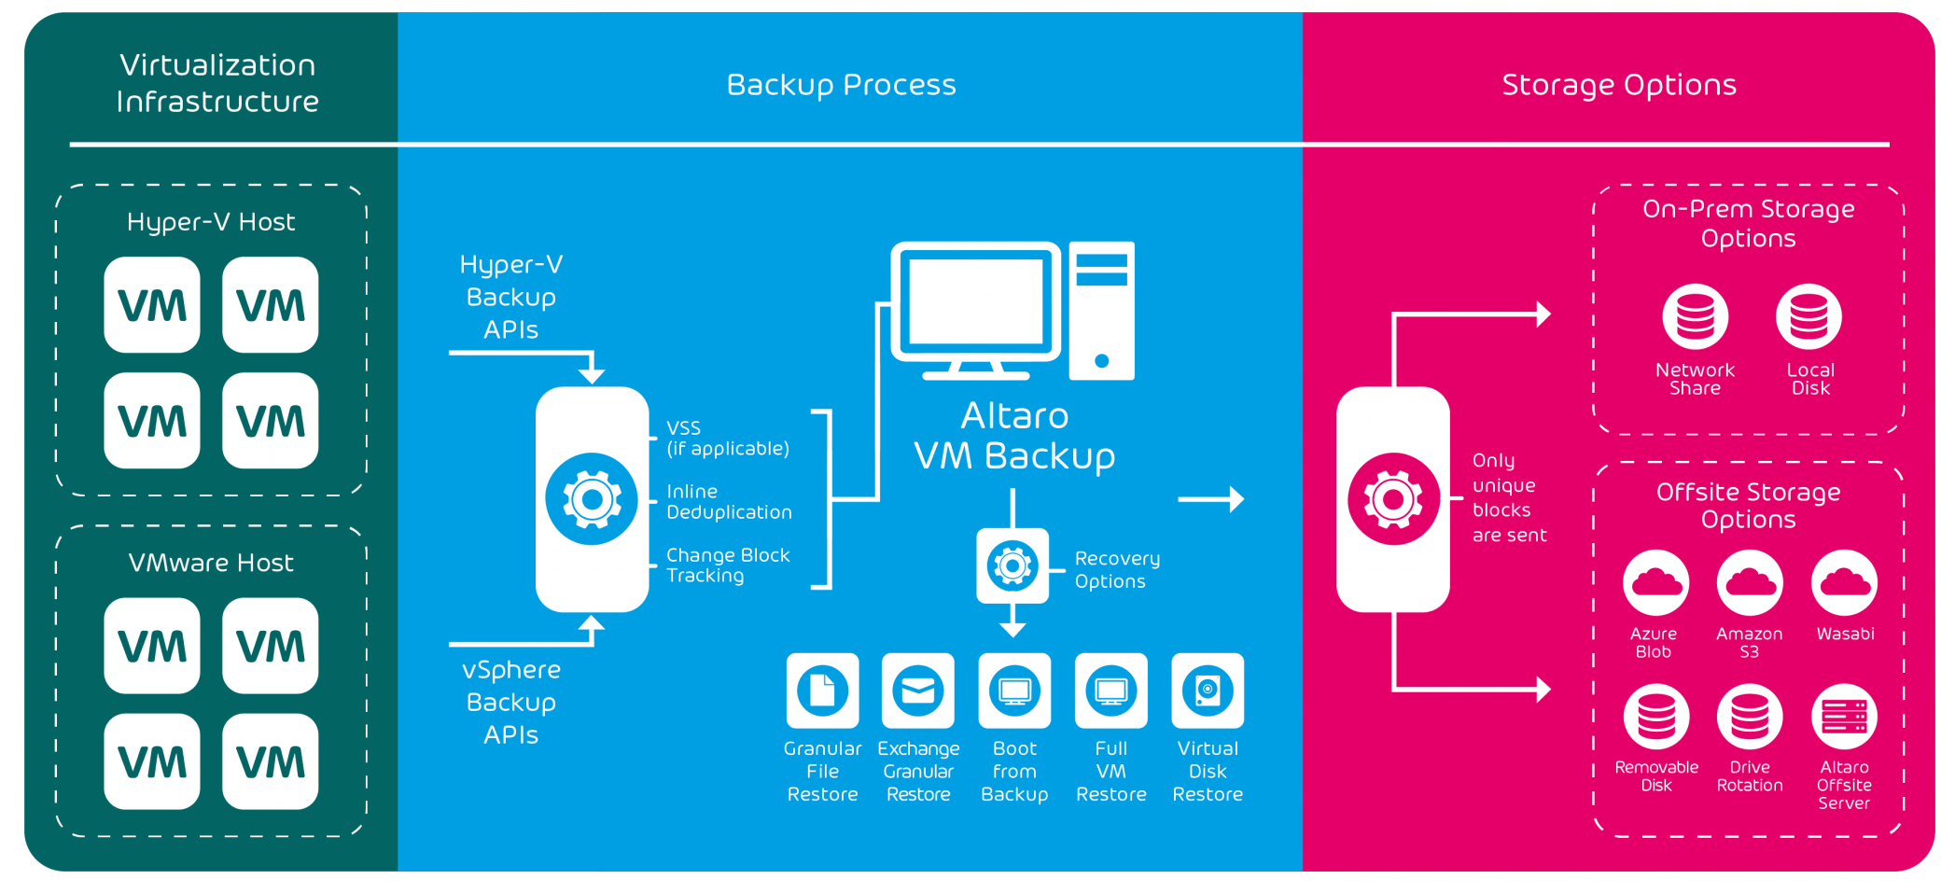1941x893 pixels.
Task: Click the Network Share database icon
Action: tap(1695, 316)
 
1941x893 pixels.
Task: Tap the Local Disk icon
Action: tap(1808, 316)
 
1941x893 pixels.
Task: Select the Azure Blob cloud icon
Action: tap(1655, 583)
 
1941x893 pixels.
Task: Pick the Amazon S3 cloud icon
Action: tap(1750, 583)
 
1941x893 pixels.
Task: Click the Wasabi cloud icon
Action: tap(1844, 583)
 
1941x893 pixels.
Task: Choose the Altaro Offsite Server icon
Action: tap(1844, 717)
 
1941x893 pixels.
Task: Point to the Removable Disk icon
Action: tap(1656, 717)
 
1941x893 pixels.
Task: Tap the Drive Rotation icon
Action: tap(1750, 717)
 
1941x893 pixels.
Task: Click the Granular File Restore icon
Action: tap(822, 691)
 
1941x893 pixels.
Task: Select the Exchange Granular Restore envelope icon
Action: tap(918, 691)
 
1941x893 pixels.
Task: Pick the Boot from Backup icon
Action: tap(1014, 691)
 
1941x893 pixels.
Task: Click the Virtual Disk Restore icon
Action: tap(1208, 691)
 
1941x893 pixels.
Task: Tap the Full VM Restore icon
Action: tap(1110, 691)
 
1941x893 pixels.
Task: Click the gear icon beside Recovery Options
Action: tap(1012, 565)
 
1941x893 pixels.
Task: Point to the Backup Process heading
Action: tap(841, 85)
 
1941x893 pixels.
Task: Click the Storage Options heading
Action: tap(1619, 85)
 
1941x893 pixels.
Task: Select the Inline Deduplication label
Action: tap(729, 502)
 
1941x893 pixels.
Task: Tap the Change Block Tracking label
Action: tap(728, 565)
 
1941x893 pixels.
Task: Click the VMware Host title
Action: tap(211, 563)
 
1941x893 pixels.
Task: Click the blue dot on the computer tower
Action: tap(1101, 361)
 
